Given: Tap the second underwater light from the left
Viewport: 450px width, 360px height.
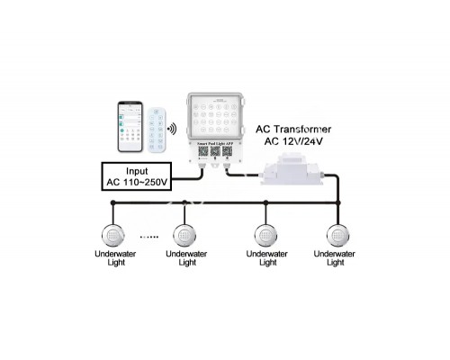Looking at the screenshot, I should (186, 237).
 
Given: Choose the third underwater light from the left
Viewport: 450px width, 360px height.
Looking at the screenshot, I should (265, 237).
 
